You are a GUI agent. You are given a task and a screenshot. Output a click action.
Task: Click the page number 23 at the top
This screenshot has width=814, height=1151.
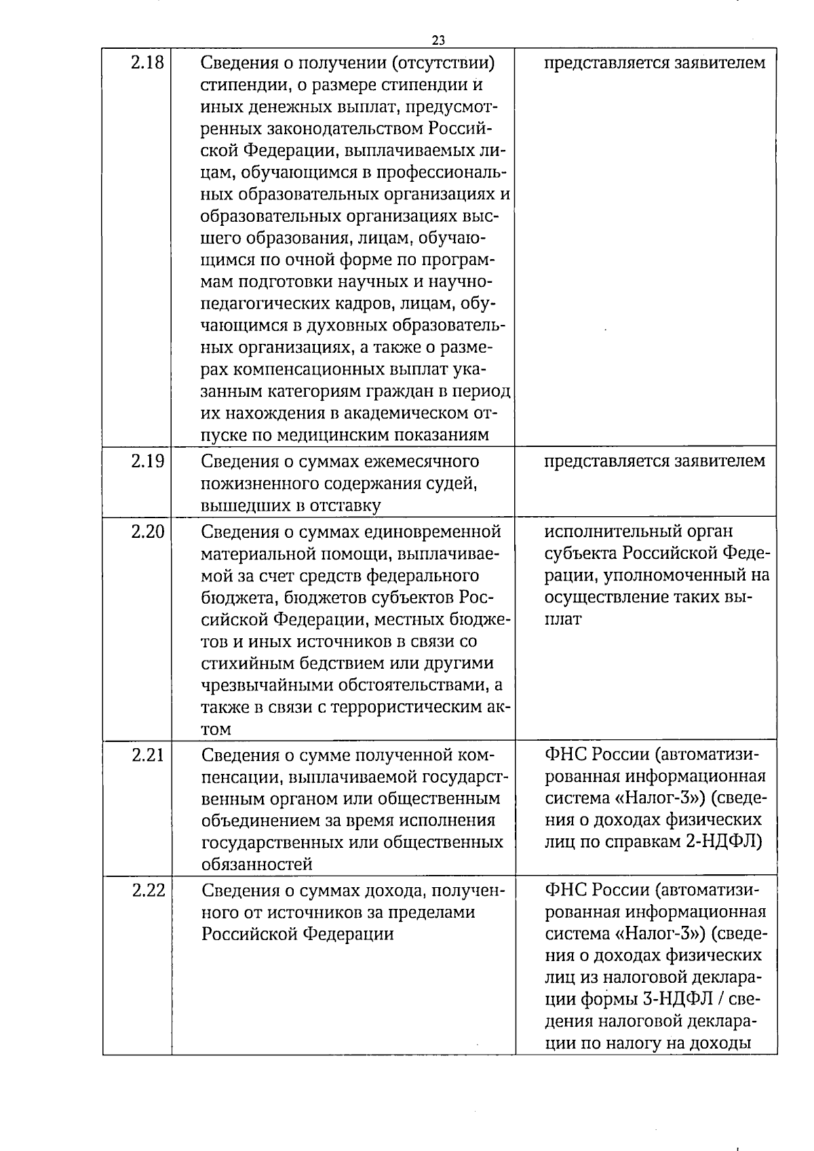tap(438, 40)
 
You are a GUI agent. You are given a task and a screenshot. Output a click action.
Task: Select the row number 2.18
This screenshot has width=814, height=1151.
tap(147, 63)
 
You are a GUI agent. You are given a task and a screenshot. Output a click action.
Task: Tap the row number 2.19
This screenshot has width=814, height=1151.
tap(147, 461)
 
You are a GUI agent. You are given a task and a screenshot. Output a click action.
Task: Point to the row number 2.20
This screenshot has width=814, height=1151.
tap(147, 531)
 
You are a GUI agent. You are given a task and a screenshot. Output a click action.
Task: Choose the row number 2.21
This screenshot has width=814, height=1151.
tap(147, 754)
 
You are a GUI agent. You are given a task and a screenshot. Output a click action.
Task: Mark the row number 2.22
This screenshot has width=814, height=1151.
tap(148, 889)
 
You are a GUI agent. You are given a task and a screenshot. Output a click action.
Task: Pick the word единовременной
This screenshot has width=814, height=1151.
tap(429, 531)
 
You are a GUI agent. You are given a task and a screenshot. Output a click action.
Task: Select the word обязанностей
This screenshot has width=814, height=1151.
tap(257, 864)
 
